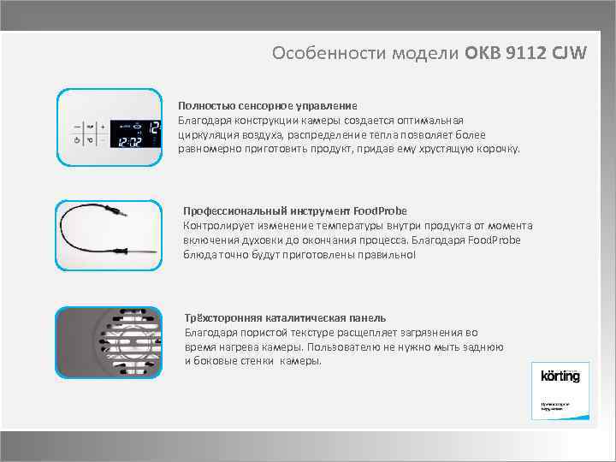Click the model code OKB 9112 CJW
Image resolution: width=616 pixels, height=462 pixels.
pyautogui.click(x=526, y=53)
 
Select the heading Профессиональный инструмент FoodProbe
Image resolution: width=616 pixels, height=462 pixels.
pyautogui.click(x=295, y=210)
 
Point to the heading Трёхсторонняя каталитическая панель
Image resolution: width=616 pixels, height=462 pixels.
pyautogui.click(x=285, y=317)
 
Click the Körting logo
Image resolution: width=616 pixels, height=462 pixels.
pyautogui.click(x=560, y=376)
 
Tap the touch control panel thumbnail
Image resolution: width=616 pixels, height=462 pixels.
pyautogui.click(x=108, y=127)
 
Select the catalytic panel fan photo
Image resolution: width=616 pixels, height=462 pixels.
pyautogui.click(x=108, y=342)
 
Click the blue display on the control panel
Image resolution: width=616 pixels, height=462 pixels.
pyautogui.click(x=133, y=131)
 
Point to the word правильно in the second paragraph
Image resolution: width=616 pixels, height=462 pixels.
pyautogui.click(x=385, y=255)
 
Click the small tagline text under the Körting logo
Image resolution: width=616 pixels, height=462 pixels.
pyautogui.click(x=552, y=406)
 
